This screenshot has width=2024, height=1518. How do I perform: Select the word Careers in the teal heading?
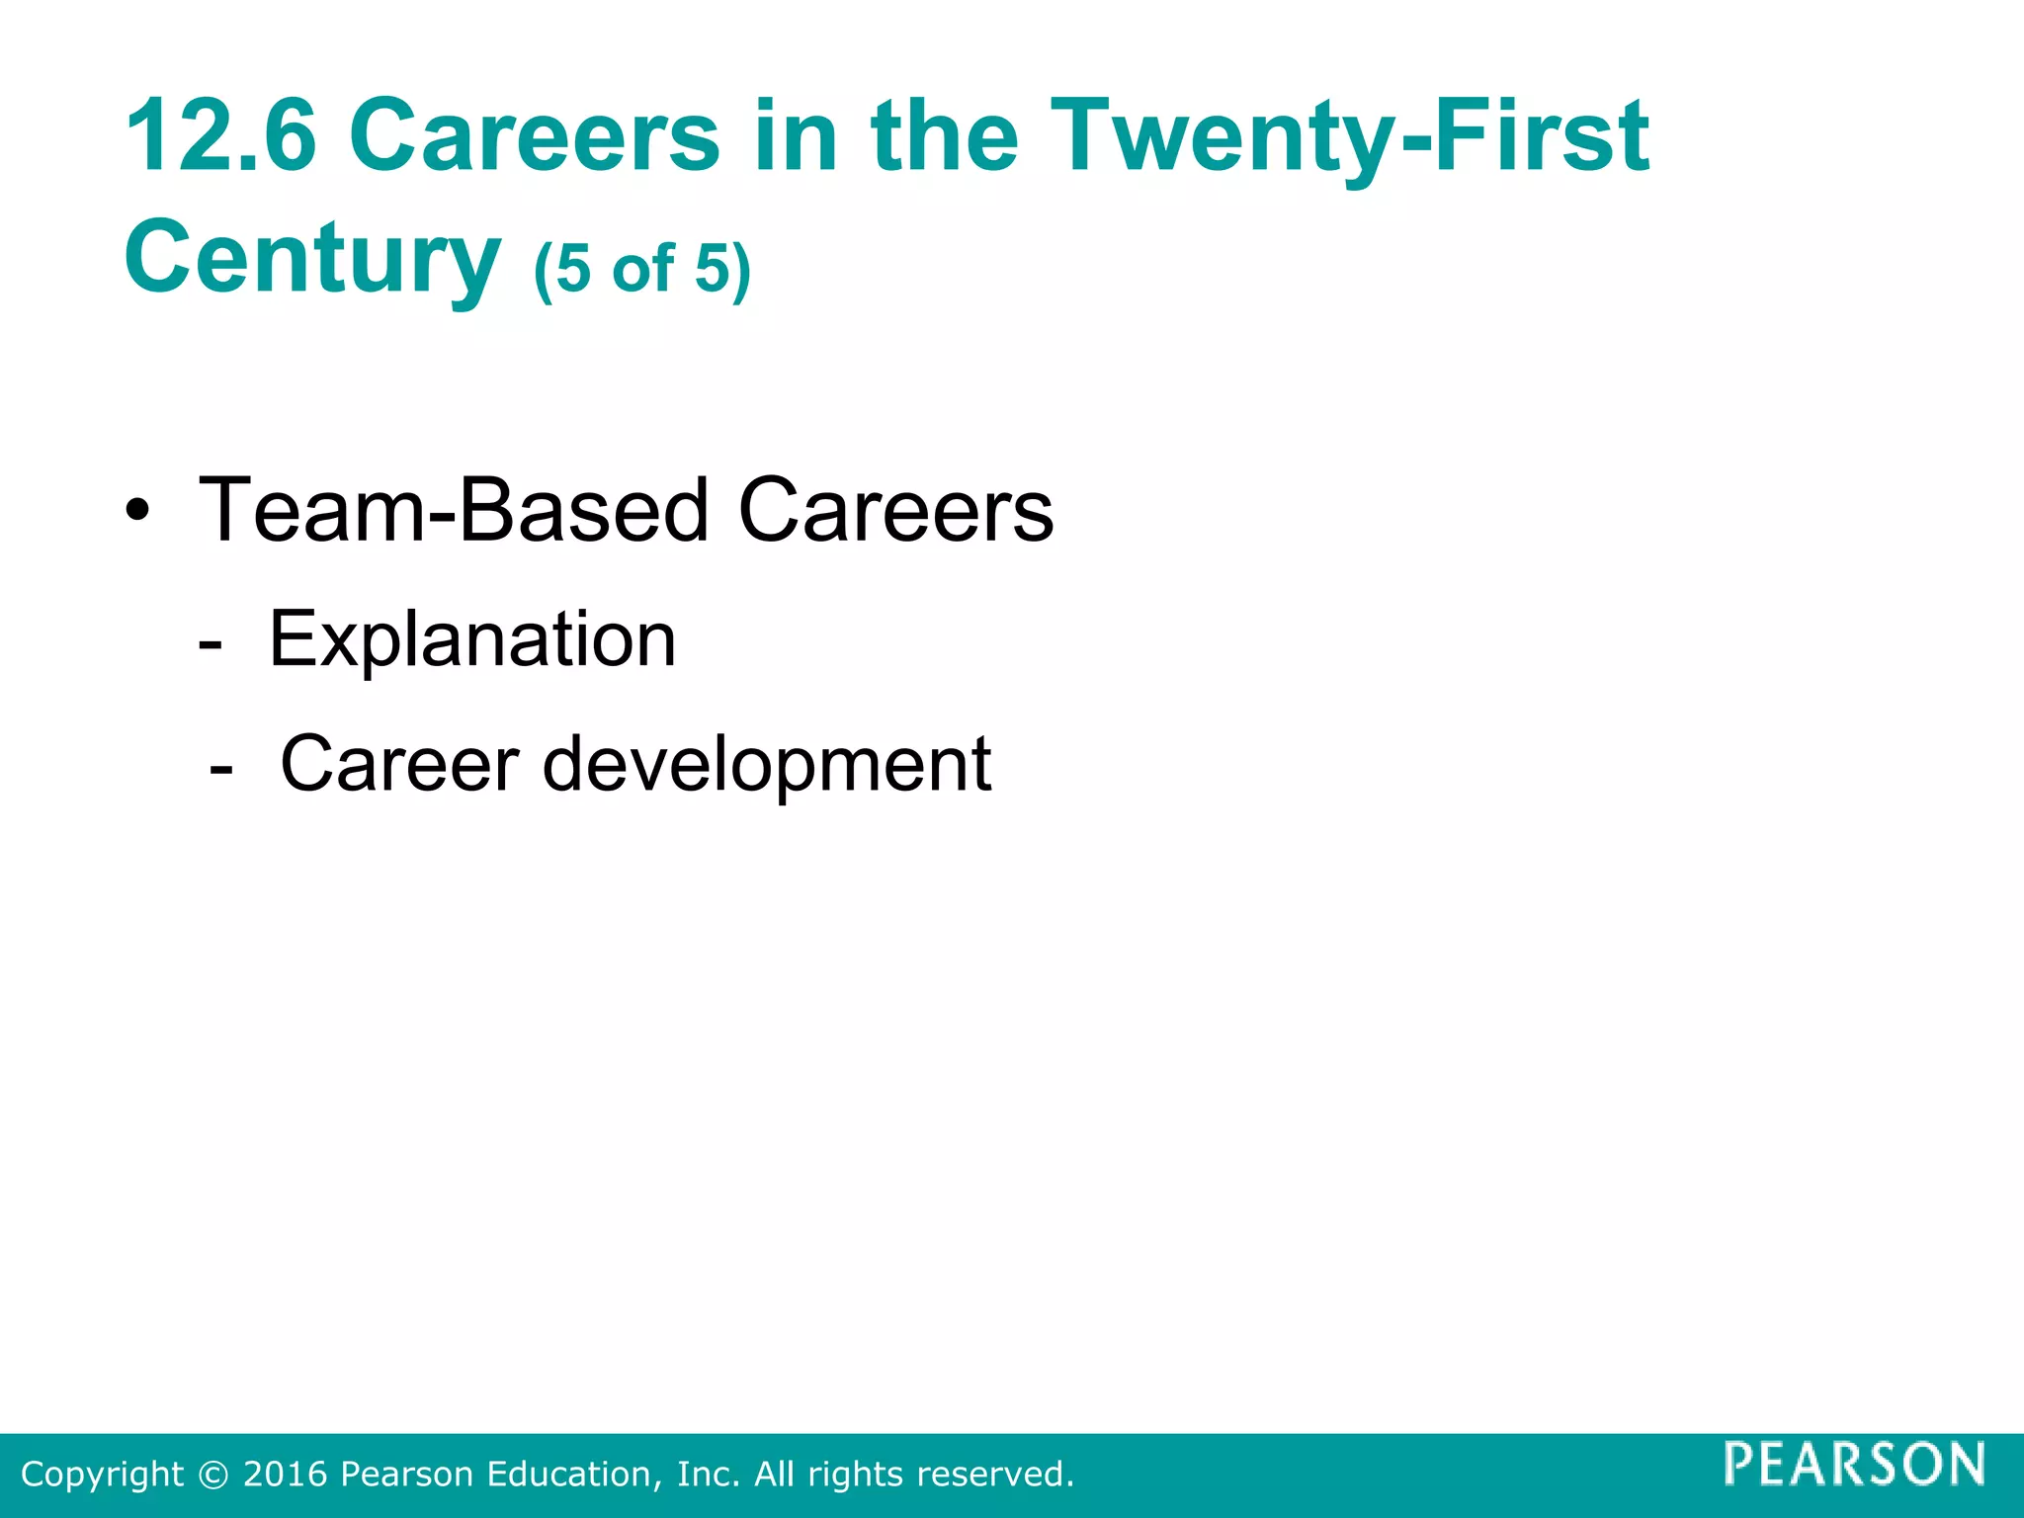click(534, 135)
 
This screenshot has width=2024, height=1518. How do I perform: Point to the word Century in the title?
click(312, 257)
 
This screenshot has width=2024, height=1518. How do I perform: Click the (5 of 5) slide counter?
click(642, 268)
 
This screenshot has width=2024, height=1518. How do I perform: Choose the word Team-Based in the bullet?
click(454, 511)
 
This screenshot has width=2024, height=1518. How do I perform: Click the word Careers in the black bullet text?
click(895, 511)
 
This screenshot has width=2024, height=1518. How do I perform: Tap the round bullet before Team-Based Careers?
click(138, 512)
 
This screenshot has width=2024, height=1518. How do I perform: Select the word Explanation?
click(472, 639)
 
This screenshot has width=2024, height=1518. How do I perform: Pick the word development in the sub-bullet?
click(767, 764)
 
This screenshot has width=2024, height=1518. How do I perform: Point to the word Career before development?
click(399, 764)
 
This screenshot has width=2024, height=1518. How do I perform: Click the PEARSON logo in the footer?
click(1854, 1464)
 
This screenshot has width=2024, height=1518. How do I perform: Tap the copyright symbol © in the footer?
click(212, 1475)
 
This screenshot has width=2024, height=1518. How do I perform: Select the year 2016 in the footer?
click(285, 1475)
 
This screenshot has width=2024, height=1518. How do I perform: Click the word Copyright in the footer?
click(102, 1475)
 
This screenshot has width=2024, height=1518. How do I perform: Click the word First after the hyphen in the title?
click(1542, 135)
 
